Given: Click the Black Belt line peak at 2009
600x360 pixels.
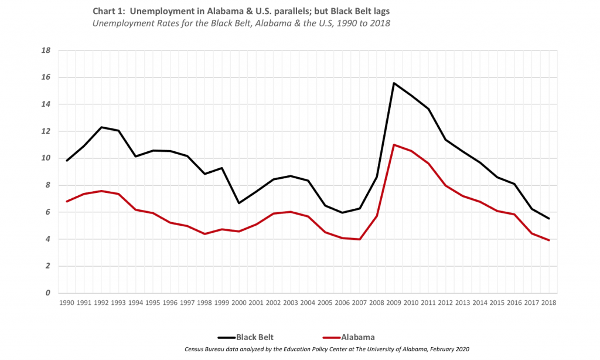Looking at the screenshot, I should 394,83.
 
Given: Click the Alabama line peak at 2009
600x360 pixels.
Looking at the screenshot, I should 394,145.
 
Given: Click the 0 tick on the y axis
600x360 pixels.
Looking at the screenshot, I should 49,293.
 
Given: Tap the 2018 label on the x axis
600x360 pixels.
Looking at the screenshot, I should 549,303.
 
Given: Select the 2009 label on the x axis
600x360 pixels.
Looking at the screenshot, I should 394,303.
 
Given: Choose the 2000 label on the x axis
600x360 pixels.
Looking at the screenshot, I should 238,303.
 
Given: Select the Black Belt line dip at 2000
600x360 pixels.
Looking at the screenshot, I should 238,203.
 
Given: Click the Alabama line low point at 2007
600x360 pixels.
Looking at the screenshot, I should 359,239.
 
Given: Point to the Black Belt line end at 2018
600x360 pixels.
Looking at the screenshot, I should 549,219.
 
